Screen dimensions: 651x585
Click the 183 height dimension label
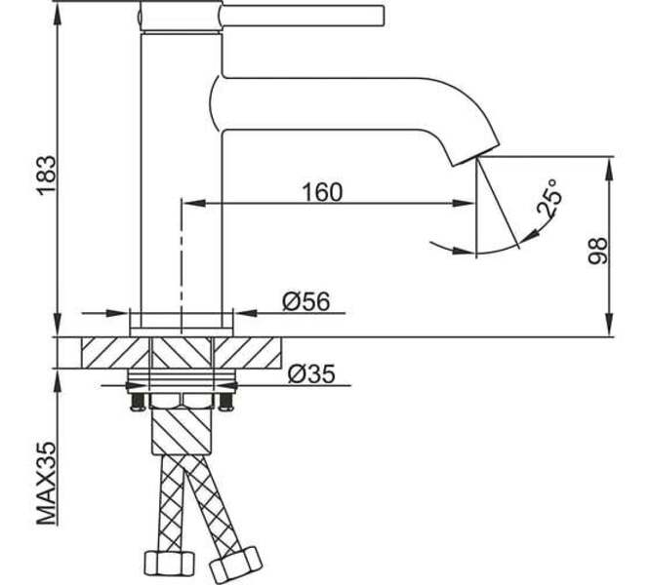[46, 175]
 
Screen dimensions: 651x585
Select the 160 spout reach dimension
[322, 192]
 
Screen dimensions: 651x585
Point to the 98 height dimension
[598, 251]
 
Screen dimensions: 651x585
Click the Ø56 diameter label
[306, 301]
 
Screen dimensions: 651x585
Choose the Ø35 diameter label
[311, 373]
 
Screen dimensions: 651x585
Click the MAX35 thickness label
[46, 484]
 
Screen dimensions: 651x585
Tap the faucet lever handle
[303, 17]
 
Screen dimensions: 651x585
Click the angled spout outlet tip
[475, 155]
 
